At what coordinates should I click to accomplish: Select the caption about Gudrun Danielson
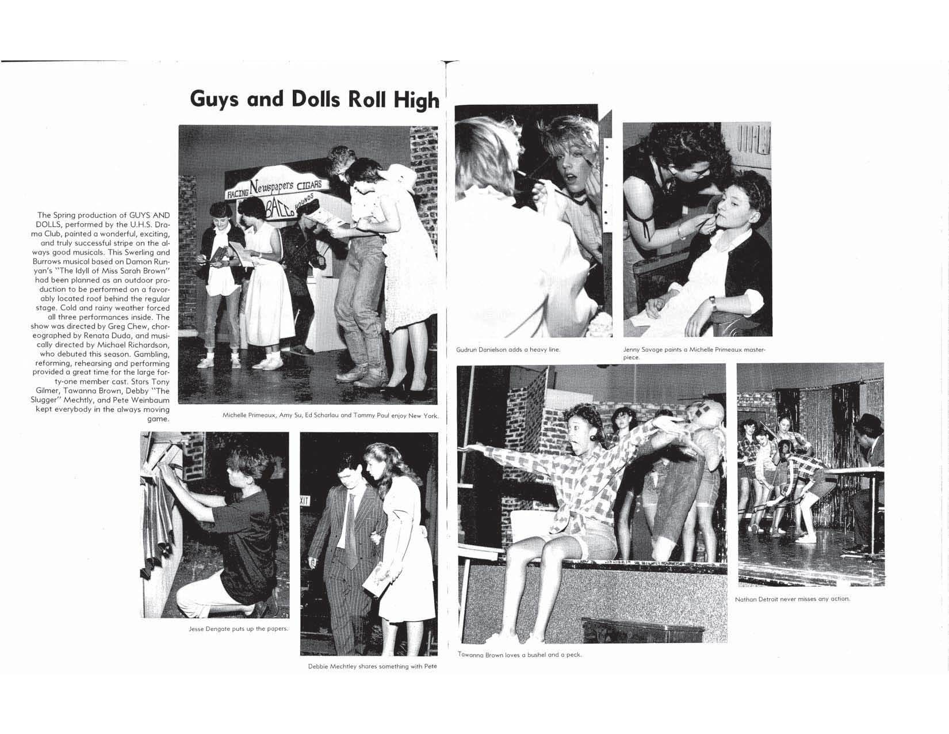click(508, 349)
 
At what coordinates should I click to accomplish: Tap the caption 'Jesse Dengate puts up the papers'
click(238, 629)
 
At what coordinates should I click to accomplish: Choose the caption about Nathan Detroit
click(792, 599)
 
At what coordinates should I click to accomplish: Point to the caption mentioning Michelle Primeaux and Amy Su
click(330, 416)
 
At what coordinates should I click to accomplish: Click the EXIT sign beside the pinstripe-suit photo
click(305, 501)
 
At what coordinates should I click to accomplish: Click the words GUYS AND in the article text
click(146, 215)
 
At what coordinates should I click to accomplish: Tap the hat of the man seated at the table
click(867, 421)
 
